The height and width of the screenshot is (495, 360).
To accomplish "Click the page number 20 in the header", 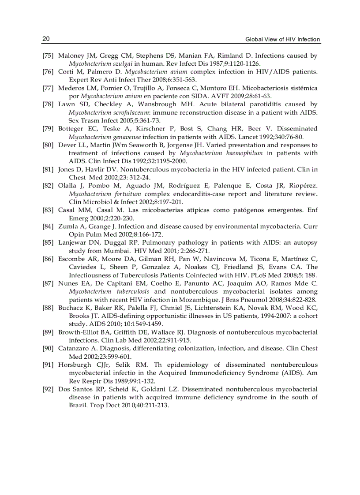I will coord(46,39).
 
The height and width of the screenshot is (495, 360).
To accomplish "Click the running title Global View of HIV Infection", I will coord(283,40).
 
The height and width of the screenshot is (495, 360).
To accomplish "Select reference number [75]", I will coord(48,56).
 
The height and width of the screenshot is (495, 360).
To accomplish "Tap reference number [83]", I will coord(48,210).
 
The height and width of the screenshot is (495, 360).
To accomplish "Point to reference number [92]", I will coord(48,389).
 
